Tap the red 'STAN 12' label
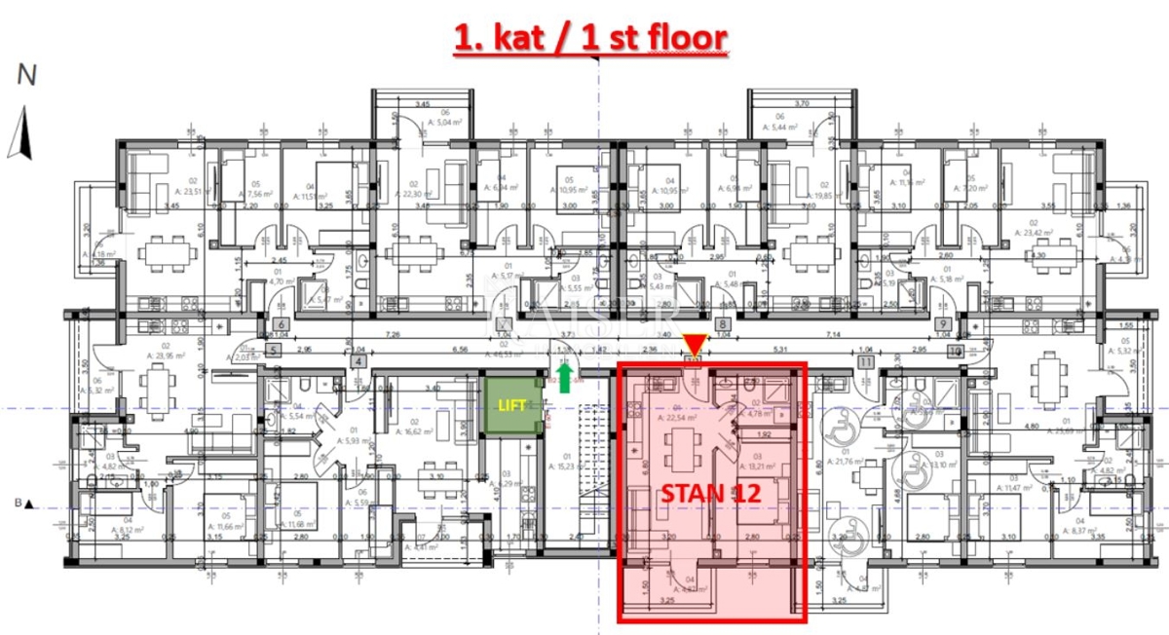[710, 493]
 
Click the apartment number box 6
[280, 325]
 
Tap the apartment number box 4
[359, 361]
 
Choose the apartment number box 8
[723, 325]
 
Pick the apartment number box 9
[942, 325]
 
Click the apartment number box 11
[865, 361]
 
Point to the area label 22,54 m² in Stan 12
[670, 417]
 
